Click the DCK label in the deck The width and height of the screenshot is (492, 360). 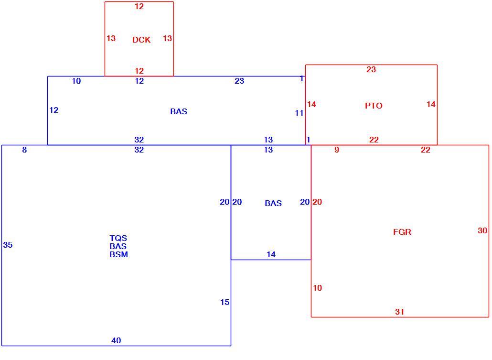[x=141, y=40]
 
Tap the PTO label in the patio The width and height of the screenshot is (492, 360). [x=374, y=106]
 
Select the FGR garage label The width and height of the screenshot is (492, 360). [x=402, y=232]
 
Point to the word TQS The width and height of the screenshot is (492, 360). [x=118, y=238]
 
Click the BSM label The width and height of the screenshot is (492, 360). [x=118, y=254]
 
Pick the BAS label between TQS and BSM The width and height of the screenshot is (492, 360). [x=118, y=246]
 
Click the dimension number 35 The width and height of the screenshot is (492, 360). [x=8, y=245]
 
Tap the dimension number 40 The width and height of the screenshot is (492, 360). [x=116, y=340]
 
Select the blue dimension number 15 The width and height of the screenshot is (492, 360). [x=225, y=302]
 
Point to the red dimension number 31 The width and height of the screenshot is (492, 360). [x=399, y=312]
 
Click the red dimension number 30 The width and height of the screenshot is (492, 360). [x=482, y=230]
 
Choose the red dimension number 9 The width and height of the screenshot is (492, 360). [x=337, y=150]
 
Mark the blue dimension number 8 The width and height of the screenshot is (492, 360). [x=24, y=150]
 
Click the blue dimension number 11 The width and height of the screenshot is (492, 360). [x=299, y=113]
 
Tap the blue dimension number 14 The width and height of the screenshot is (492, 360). [x=271, y=254]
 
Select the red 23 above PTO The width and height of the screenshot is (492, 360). [x=371, y=69]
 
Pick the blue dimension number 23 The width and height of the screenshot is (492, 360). [x=239, y=81]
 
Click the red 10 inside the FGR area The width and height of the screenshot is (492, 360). [x=317, y=288]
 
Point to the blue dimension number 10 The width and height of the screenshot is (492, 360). [x=76, y=81]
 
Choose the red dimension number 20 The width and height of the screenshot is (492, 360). [x=317, y=202]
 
